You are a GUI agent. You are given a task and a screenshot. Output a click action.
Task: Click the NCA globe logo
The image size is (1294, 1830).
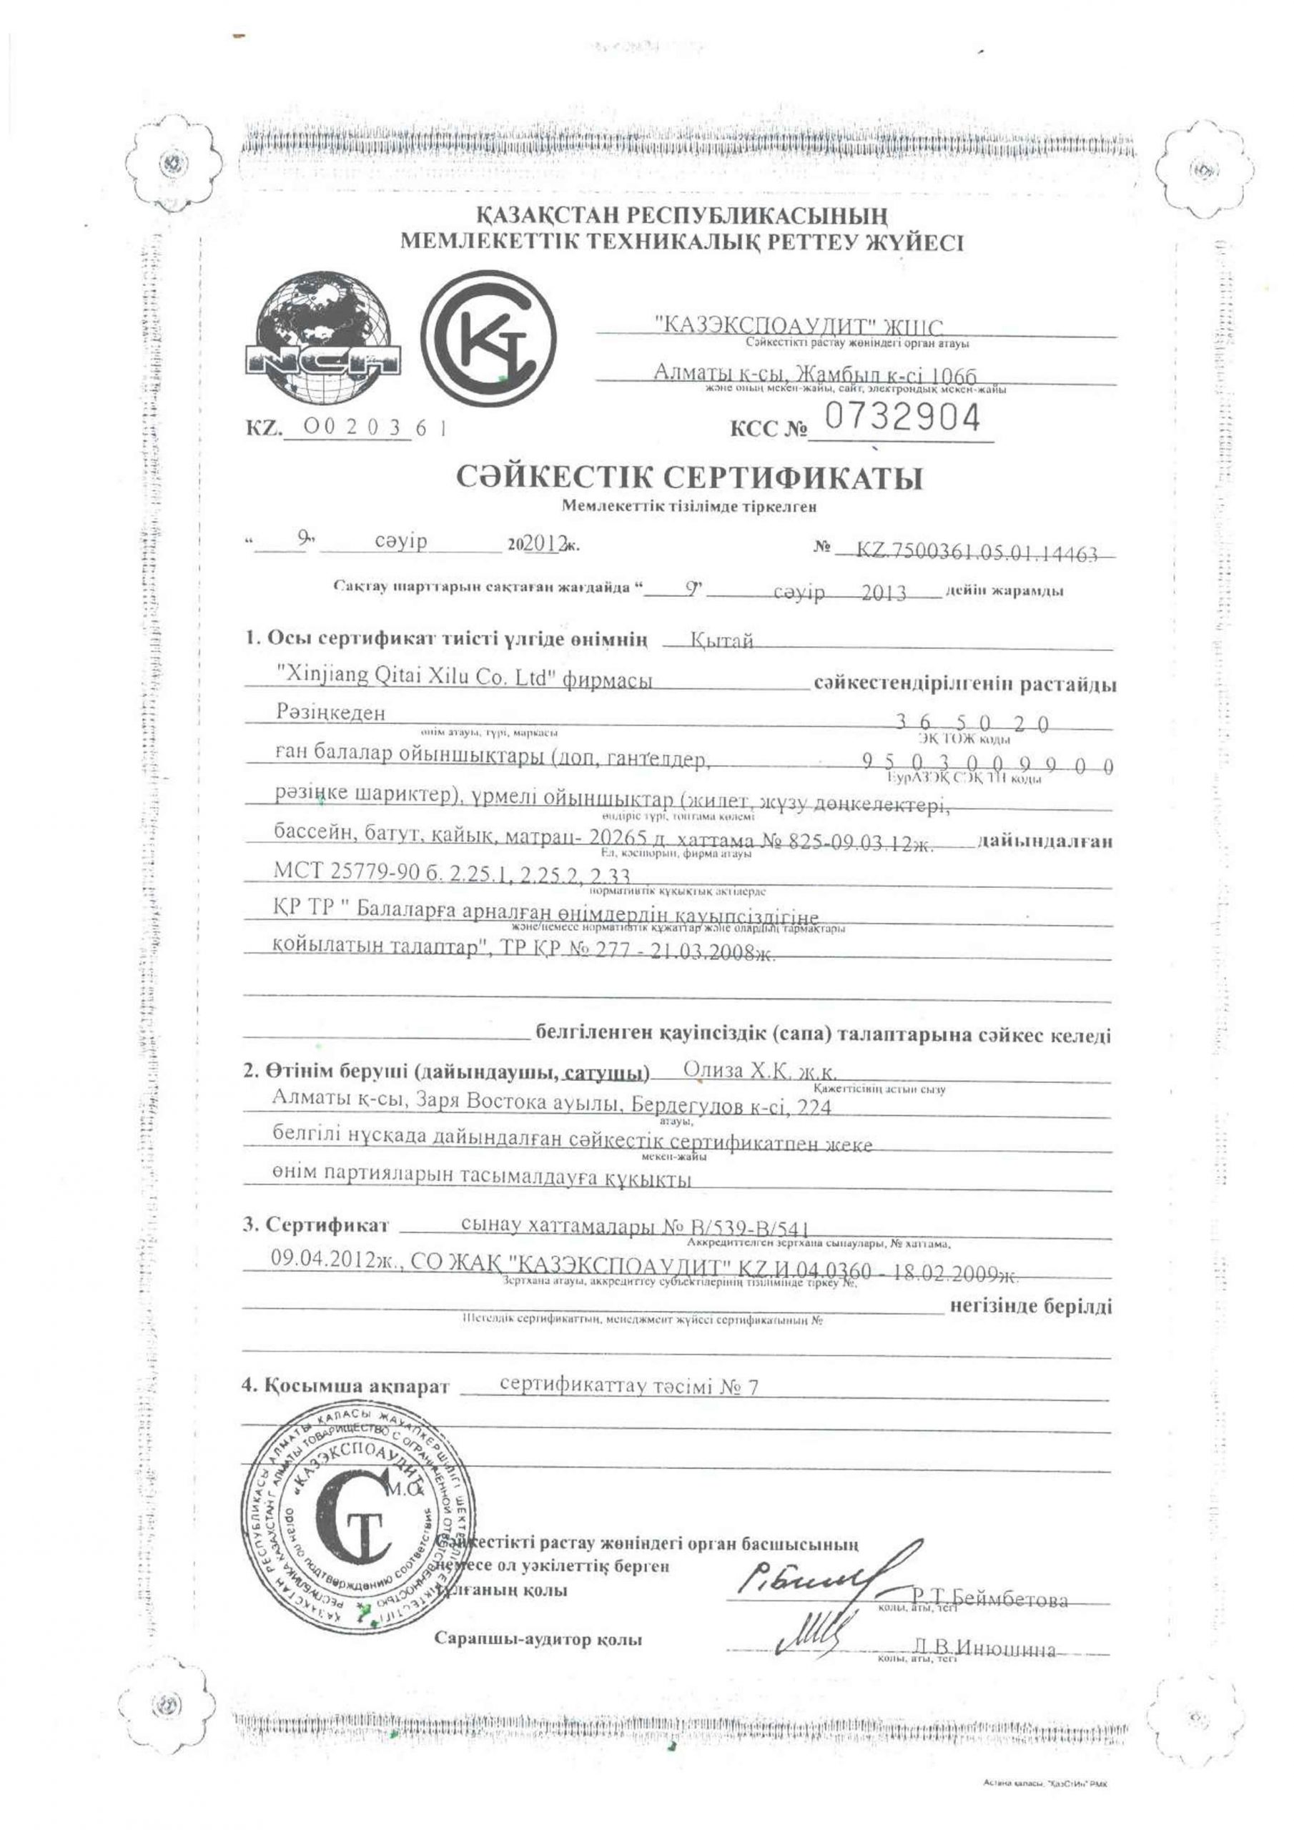322,337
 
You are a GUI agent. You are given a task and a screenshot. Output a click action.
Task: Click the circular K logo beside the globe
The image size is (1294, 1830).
489,338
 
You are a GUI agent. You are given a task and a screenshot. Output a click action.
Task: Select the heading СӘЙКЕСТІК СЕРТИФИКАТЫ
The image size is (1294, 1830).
690,478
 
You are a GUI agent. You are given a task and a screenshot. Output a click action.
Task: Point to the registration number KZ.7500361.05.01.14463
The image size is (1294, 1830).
977,553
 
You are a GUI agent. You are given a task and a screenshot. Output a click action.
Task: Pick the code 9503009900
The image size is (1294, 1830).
989,764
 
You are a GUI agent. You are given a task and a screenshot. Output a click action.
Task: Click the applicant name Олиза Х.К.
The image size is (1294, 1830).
760,1070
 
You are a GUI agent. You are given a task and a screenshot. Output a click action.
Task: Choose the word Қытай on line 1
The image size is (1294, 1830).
722,639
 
